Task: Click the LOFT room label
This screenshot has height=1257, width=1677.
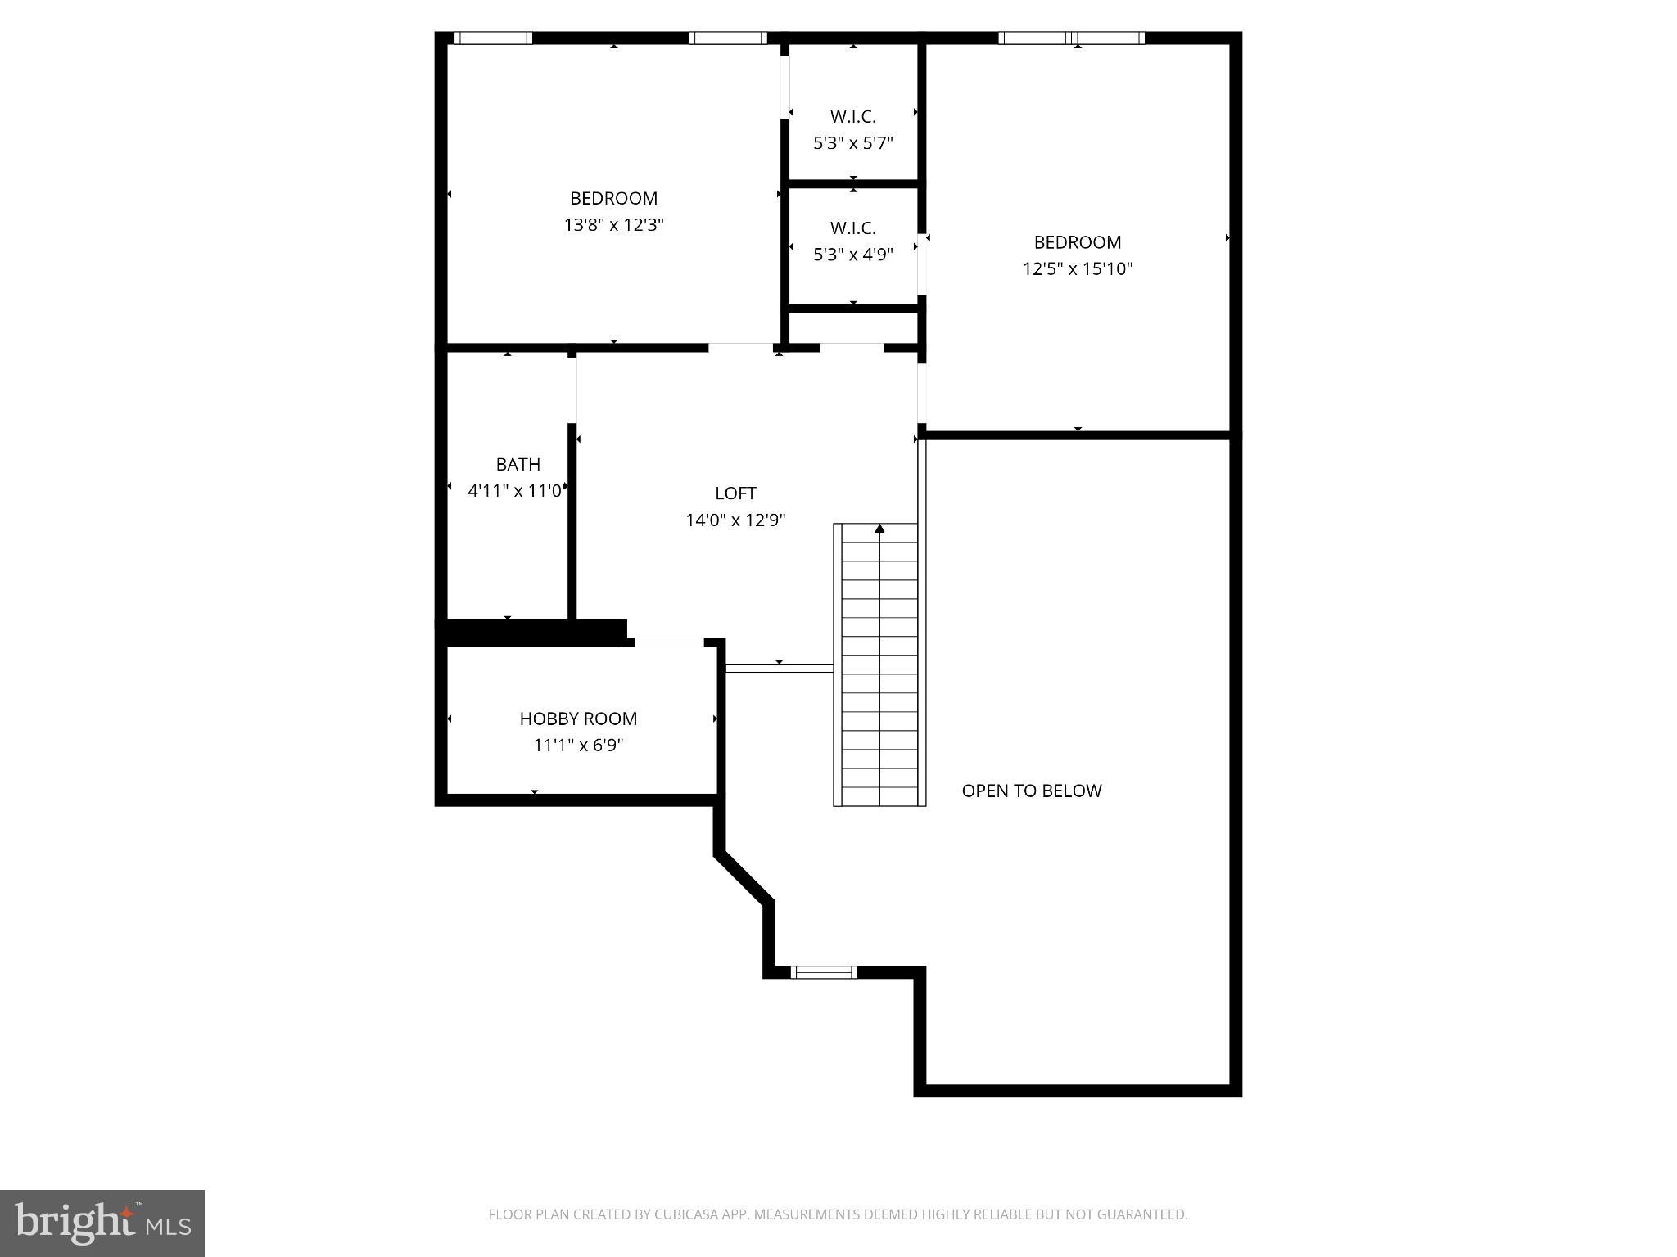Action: pyautogui.click(x=735, y=493)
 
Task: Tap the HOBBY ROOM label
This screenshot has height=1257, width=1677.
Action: pyautogui.click(x=578, y=719)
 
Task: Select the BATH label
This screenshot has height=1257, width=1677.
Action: pyautogui.click(x=518, y=465)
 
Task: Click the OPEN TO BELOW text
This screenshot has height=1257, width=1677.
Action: pyautogui.click(x=1031, y=791)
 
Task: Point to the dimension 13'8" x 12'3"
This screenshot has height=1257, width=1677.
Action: pyautogui.click(x=613, y=225)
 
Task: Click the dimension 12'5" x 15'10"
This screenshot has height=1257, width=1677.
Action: pyautogui.click(x=1077, y=269)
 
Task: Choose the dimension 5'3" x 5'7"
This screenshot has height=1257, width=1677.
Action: pyautogui.click(x=852, y=143)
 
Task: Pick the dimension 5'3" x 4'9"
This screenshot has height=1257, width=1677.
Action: pyautogui.click(x=852, y=255)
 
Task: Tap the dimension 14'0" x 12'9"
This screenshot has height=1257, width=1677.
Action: pyautogui.click(x=735, y=520)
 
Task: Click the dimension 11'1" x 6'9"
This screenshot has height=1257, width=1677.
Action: pyautogui.click(x=578, y=746)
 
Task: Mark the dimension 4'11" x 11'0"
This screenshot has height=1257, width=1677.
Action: pyautogui.click(x=515, y=491)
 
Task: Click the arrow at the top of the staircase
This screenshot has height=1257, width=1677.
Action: pyautogui.click(x=879, y=529)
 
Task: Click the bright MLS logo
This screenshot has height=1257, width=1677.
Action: pyautogui.click(x=102, y=1223)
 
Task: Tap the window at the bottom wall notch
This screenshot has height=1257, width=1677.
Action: pyautogui.click(x=824, y=972)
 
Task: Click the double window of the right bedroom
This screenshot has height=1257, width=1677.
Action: pyautogui.click(x=1071, y=38)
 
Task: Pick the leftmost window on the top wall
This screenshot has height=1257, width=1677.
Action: pyautogui.click(x=493, y=38)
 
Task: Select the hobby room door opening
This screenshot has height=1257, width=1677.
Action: pyautogui.click(x=669, y=642)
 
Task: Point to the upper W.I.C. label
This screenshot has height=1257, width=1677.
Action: pyautogui.click(x=852, y=117)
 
